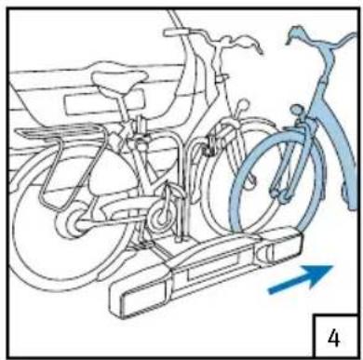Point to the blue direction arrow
coord(300,279)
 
